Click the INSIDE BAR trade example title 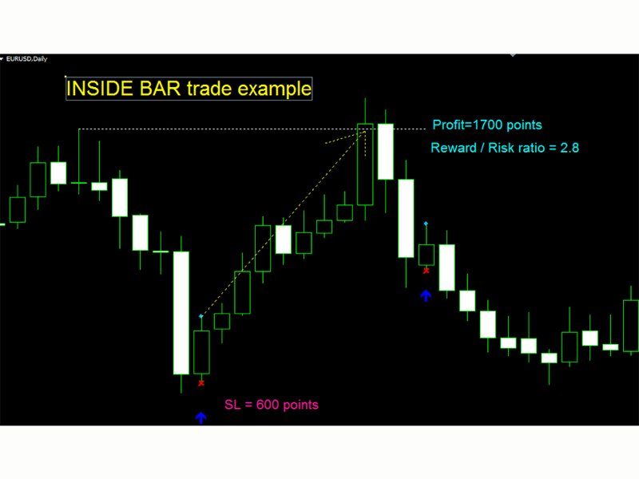[x=189, y=89]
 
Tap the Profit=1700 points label [x=486, y=125]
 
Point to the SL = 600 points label [x=272, y=405]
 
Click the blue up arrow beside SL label [x=200, y=418]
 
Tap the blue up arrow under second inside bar [x=426, y=295]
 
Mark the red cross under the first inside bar [x=201, y=383]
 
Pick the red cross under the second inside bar [x=426, y=271]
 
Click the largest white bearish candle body [x=181, y=312]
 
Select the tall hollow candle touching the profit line [x=365, y=164]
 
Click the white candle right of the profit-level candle [x=386, y=152]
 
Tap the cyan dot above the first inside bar [x=201, y=318]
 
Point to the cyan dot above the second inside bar [x=426, y=224]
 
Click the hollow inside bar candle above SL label [x=201, y=352]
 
